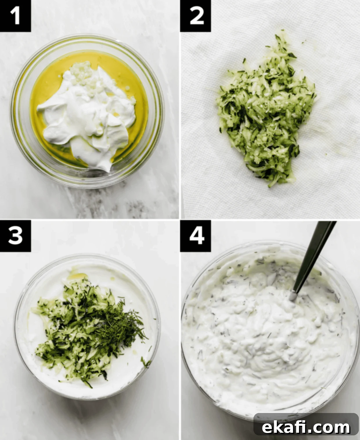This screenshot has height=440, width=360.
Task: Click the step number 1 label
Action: [15, 16]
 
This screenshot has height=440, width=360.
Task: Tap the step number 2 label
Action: [196, 16]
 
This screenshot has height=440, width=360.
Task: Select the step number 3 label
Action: [15, 236]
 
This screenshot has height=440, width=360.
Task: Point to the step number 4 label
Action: [196, 236]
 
